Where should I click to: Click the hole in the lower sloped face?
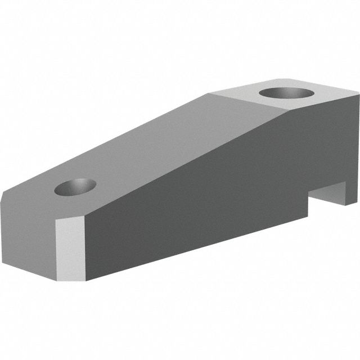[x=75, y=187]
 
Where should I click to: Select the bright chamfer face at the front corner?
[x=70, y=248]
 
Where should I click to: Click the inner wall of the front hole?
[x=77, y=183]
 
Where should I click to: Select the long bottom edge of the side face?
[x=197, y=247]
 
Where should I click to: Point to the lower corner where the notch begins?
[x=310, y=217]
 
